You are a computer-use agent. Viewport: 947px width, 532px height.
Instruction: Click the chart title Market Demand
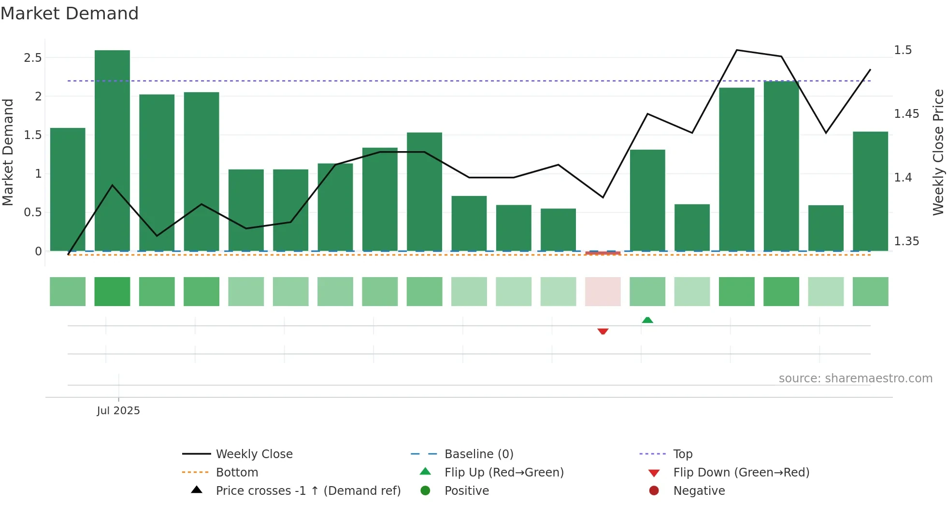pyautogui.click(x=70, y=14)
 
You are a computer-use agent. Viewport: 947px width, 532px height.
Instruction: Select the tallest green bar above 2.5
pyautogui.click(x=112, y=150)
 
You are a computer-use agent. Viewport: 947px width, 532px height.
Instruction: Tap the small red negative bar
pyautogui.click(x=603, y=253)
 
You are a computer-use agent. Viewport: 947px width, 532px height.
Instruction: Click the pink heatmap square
pyautogui.click(x=603, y=292)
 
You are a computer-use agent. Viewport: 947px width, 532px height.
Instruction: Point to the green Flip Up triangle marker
pyautogui.click(x=647, y=320)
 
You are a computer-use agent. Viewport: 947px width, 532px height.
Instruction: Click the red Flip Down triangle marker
pyautogui.click(x=603, y=331)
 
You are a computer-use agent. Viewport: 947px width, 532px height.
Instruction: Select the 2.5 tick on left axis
pyautogui.click(x=33, y=58)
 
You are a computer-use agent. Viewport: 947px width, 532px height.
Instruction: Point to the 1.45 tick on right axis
pyautogui.click(x=906, y=114)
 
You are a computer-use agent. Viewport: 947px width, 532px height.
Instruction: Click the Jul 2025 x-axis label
pyautogui.click(x=118, y=411)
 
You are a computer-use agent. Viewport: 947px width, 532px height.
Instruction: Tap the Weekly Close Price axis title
pyautogui.click(x=938, y=152)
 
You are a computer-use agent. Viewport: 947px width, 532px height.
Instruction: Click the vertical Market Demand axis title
pyautogui.click(x=8, y=152)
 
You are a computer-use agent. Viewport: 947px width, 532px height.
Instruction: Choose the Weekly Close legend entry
pyautogui.click(x=254, y=454)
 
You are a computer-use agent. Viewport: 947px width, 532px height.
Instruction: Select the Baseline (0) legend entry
pyautogui.click(x=478, y=454)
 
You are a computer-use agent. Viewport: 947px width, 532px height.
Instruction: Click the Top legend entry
pyautogui.click(x=682, y=454)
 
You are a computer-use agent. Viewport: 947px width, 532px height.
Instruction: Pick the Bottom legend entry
pyautogui.click(x=237, y=473)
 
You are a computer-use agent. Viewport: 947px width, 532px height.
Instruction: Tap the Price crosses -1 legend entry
pyautogui.click(x=308, y=491)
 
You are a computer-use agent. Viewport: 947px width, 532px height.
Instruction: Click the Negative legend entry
pyautogui.click(x=699, y=491)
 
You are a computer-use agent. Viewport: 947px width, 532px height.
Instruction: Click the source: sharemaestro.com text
pyautogui.click(x=855, y=378)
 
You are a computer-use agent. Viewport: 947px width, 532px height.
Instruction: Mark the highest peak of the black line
pyautogui.click(x=737, y=50)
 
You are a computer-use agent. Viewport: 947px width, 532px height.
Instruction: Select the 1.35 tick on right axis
pyautogui.click(x=906, y=241)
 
